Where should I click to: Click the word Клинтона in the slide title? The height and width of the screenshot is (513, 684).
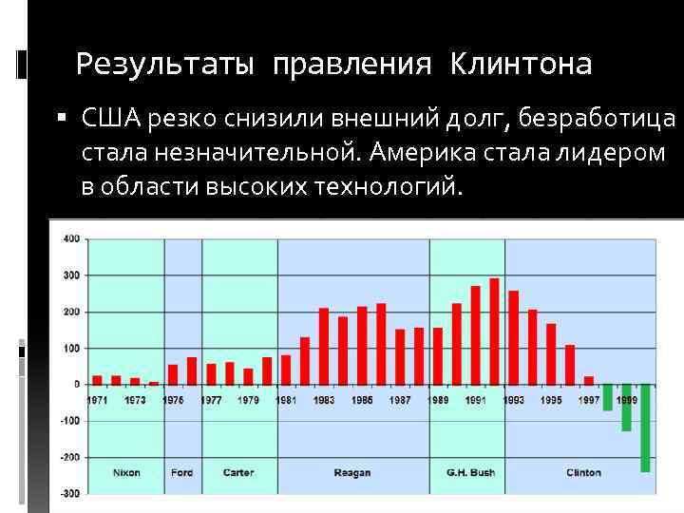coord(521,64)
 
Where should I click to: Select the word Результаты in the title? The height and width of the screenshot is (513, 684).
coord(164,64)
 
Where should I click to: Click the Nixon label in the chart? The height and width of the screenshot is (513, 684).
coord(125,472)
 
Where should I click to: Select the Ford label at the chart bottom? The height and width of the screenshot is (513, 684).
coord(181,472)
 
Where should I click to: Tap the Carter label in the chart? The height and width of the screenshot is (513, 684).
coord(238,472)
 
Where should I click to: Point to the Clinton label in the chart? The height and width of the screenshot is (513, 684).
coord(583,472)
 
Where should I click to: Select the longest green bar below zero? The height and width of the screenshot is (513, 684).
coord(645,427)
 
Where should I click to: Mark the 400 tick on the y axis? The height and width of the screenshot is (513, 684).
coord(71,238)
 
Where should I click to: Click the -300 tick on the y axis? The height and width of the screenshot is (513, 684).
coord(70,493)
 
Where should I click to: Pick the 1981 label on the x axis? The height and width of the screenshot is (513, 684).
coord(286,400)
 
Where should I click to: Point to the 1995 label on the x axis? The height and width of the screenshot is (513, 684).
coord(551,400)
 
